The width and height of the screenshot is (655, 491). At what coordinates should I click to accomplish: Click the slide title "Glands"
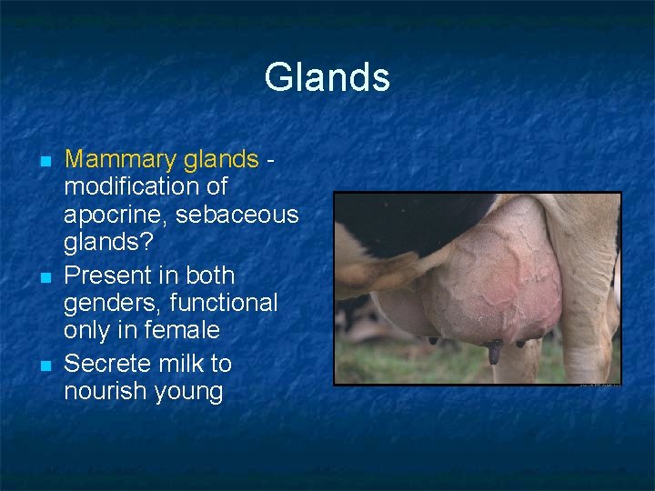click(327, 77)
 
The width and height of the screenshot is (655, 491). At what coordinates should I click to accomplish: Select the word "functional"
click(231, 301)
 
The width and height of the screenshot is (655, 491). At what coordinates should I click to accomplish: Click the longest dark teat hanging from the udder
click(493, 351)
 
